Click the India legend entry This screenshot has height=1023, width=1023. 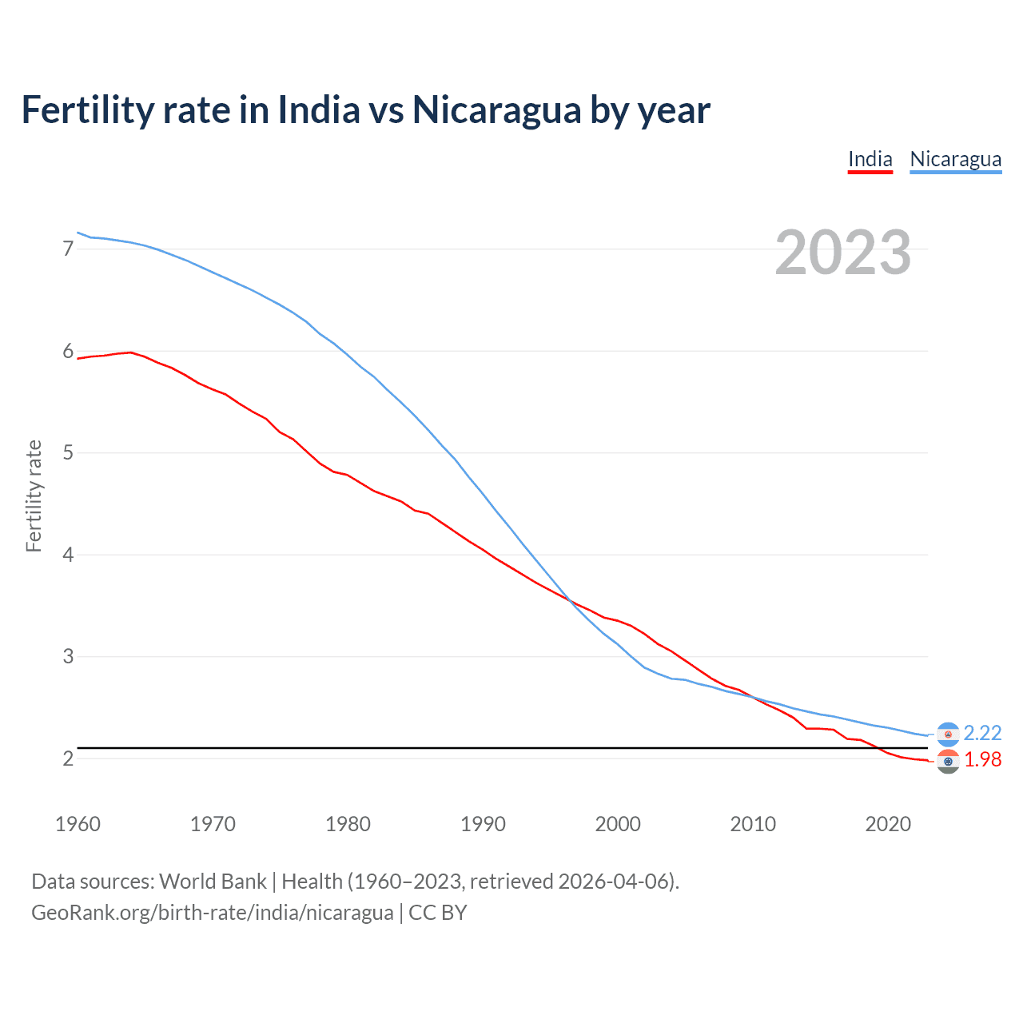[870, 159]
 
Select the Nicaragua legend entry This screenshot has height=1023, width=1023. [955, 159]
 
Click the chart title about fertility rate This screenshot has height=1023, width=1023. [365, 109]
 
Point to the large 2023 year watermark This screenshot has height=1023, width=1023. [842, 253]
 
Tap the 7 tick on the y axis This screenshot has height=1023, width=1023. [68, 249]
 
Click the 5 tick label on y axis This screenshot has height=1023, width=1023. [68, 453]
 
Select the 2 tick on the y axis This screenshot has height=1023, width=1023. [68, 758]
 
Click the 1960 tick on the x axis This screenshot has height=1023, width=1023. [78, 824]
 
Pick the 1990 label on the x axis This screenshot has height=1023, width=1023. [483, 824]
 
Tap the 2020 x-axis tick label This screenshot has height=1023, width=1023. [888, 824]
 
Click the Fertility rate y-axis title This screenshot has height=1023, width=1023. [34, 496]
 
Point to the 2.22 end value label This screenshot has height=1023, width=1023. [982, 733]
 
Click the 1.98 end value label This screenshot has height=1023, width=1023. [982, 759]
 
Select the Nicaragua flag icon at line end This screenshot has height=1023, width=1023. [948, 734]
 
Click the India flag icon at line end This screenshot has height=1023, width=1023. [948, 761]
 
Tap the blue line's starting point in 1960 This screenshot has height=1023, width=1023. [78, 233]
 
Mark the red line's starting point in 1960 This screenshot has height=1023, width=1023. [78, 359]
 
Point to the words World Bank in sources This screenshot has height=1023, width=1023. [213, 882]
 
